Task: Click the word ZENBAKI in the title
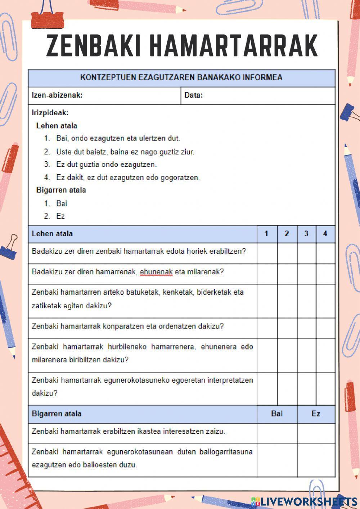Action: (93, 45)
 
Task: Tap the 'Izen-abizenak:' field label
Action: (57, 95)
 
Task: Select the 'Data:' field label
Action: (194, 95)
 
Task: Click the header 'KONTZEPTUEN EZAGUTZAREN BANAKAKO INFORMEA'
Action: (181, 77)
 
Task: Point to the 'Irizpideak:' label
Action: (50, 113)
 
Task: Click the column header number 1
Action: (266, 234)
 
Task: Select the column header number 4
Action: (325, 234)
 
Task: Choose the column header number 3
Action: (306, 234)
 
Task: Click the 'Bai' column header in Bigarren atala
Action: (277, 414)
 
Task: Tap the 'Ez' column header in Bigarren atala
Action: (316, 414)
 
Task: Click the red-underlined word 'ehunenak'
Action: (156, 272)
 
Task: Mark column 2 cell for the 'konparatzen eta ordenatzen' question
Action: (287, 328)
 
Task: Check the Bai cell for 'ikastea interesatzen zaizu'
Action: (277, 433)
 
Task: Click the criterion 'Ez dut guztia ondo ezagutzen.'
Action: (106, 165)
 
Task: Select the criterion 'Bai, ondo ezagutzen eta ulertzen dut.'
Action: (118, 138)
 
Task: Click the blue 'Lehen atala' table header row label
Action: (52, 234)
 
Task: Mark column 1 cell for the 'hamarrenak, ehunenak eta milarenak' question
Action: (267, 274)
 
